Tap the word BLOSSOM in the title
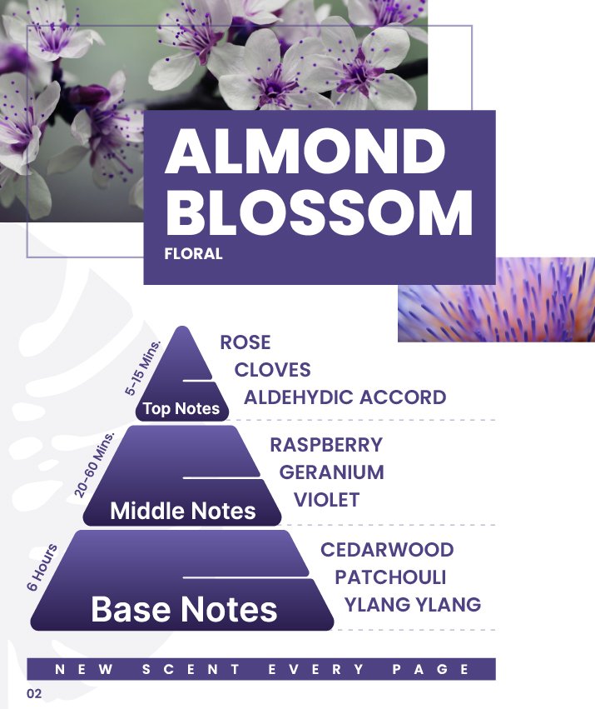point(319,212)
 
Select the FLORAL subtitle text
point(193,253)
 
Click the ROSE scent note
point(245,342)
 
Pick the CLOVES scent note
point(272,370)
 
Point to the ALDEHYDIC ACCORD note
point(345,397)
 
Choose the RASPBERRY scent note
point(326,445)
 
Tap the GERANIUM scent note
point(331,472)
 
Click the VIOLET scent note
point(327,500)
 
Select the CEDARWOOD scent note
point(387,550)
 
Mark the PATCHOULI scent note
point(390,577)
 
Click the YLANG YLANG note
point(413,605)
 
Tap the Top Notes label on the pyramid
point(181,408)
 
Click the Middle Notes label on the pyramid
point(183,511)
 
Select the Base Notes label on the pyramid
point(184,609)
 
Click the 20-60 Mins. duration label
point(94,465)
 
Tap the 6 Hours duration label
point(42,567)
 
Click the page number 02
point(34,694)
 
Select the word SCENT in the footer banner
point(191,669)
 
